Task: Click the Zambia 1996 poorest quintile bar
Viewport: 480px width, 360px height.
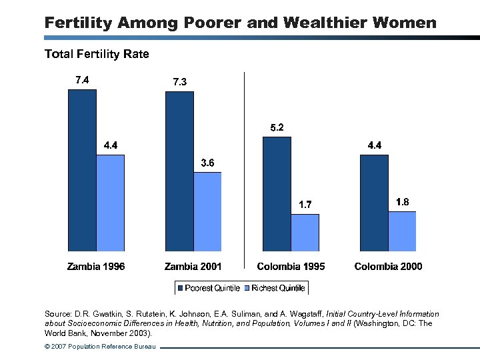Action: point(82,170)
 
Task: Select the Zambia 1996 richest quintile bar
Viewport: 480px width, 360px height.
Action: point(111,203)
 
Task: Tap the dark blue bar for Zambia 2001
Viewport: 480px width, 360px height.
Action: point(179,171)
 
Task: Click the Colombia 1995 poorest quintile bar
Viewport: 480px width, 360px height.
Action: point(277,194)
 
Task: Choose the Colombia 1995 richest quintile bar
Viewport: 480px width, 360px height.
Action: point(305,233)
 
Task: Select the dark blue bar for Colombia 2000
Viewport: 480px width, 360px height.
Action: point(374,203)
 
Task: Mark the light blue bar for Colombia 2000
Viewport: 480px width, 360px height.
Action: point(402,231)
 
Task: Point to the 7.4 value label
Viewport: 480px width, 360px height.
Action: point(82,80)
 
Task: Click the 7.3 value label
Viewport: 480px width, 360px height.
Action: point(179,82)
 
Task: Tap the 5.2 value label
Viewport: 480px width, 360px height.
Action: point(277,127)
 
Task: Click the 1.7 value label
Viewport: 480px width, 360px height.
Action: point(305,205)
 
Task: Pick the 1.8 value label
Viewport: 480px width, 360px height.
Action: point(402,202)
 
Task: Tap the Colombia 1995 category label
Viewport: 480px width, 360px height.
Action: point(291,267)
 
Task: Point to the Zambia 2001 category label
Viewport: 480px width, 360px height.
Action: point(193,267)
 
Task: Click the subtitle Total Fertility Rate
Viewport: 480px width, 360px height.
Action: point(97,53)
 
